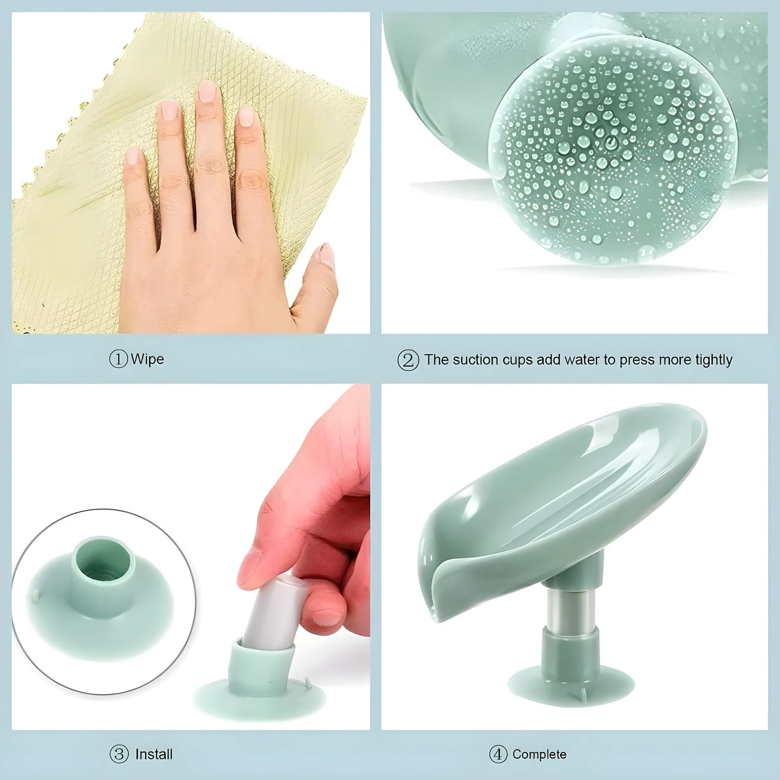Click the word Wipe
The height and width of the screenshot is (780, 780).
coord(147,359)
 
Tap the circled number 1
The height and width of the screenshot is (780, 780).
coord(118,359)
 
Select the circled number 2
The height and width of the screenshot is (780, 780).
coord(408,360)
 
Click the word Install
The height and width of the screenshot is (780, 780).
coord(154,754)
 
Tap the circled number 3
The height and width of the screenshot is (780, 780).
coord(119,754)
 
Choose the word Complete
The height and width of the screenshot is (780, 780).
coord(539,754)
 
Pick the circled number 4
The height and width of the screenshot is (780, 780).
coord(498,754)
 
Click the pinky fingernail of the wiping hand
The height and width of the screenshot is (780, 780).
coord(132,156)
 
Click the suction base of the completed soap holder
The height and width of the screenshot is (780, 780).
coord(571,686)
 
